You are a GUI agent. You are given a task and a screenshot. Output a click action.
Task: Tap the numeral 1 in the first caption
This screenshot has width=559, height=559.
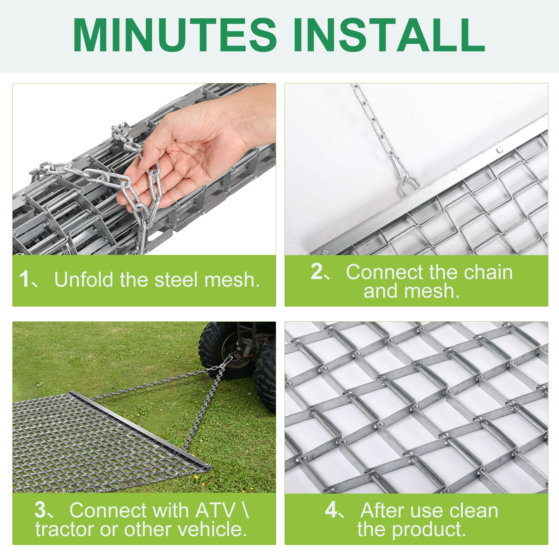tap(24, 279)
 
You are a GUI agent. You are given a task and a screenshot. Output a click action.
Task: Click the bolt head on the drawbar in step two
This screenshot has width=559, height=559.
tap(499, 150)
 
